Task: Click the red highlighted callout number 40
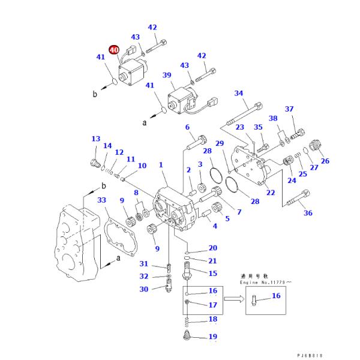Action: pyautogui.click(x=114, y=50)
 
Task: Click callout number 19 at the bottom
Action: pyautogui.click(x=212, y=337)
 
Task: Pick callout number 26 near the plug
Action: pyautogui.click(x=325, y=160)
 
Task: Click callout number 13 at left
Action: pyautogui.click(x=96, y=139)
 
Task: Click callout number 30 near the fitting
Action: pyautogui.click(x=144, y=289)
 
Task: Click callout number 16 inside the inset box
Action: pyautogui.click(x=276, y=296)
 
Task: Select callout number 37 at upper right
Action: pyautogui.click(x=290, y=109)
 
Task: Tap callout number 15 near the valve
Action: pyautogui.click(x=212, y=273)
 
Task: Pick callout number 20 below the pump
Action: pyautogui.click(x=212, y=248)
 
